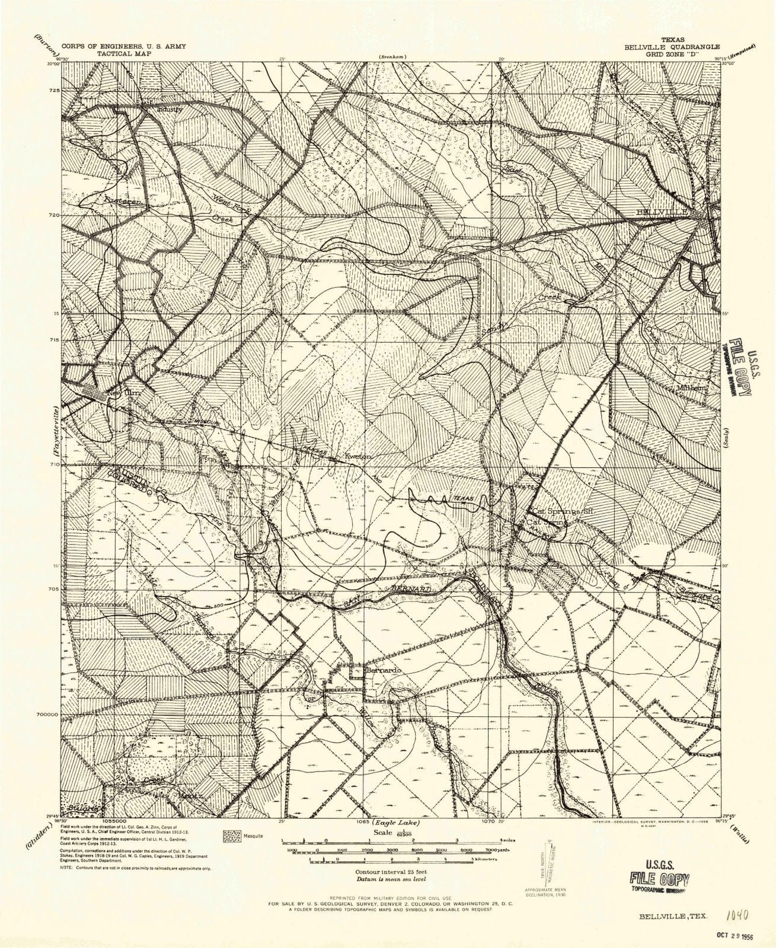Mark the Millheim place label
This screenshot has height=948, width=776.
point(692,388)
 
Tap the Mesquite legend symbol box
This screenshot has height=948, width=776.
point(231,836)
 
